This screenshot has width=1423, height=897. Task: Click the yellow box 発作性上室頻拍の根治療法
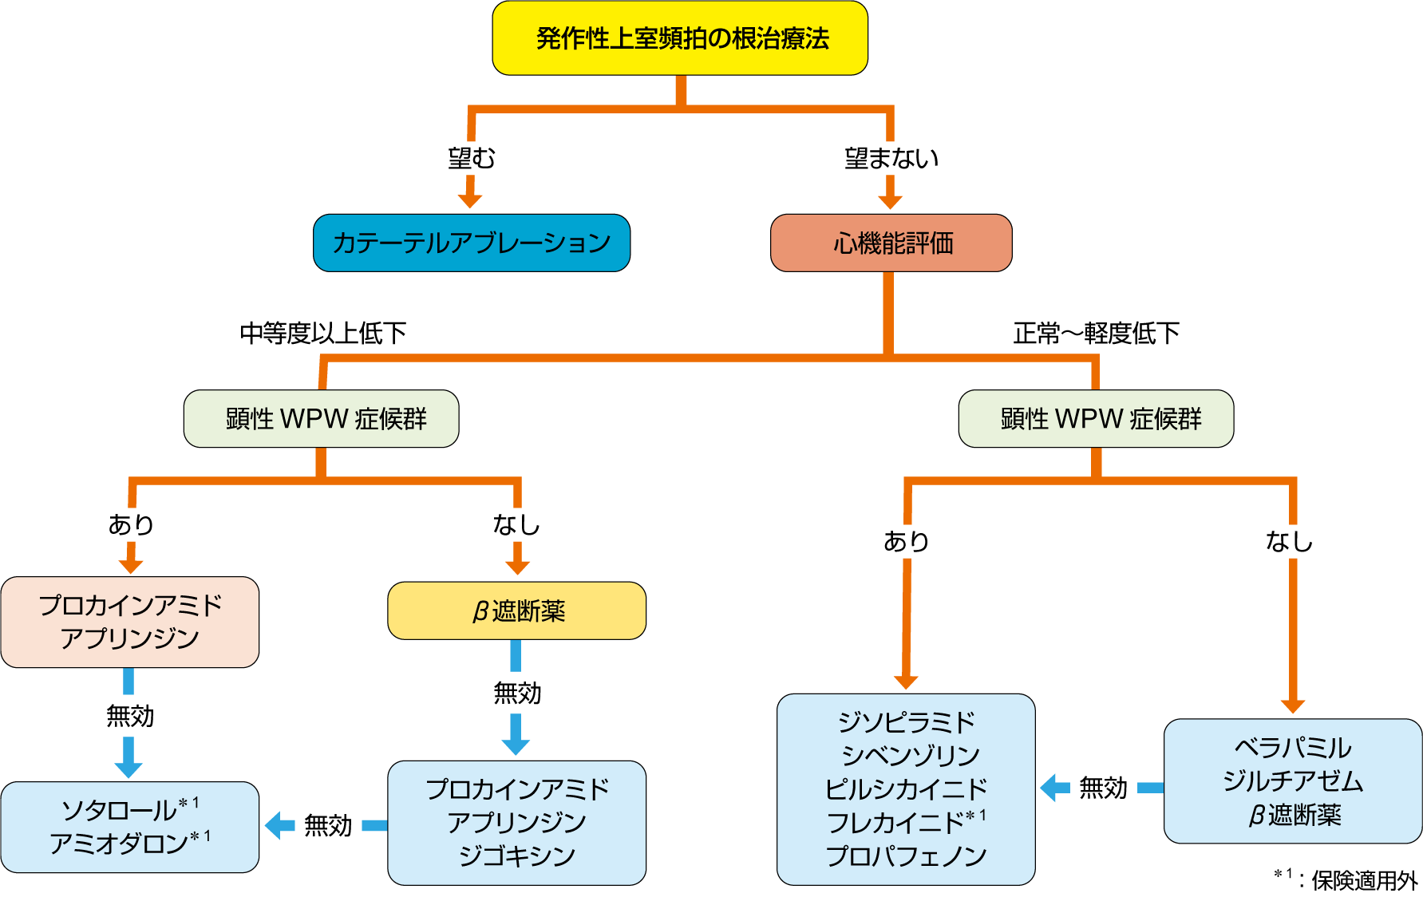(680, 38)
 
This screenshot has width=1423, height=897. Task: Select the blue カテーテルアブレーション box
(472, 243)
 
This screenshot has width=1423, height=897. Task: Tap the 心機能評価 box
(891, 243)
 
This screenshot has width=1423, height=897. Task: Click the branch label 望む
(471, 158)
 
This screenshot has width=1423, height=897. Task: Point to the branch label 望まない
(891, 158)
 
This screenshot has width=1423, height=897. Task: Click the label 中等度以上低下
(323, 333)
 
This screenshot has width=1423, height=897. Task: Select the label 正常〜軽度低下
(1096, 333)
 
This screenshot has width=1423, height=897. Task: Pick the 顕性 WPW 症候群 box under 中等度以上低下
(322, 418)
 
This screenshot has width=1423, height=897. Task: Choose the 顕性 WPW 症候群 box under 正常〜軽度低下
(1096, 418)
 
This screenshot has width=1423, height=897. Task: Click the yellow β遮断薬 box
(517, 611)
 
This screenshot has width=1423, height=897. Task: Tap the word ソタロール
(120, 810)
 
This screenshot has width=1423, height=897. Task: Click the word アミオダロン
(119, 844)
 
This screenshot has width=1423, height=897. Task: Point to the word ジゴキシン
(517, 856)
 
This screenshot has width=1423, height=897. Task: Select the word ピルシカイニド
(906, 788)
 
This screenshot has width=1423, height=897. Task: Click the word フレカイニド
(895, 822)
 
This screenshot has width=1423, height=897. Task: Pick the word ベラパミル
(1293, 748)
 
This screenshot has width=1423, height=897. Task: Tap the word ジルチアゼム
(1293, 780)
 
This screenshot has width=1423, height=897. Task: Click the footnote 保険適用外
(1364, 880)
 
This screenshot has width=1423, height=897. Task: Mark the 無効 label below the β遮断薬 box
(517, 693)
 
